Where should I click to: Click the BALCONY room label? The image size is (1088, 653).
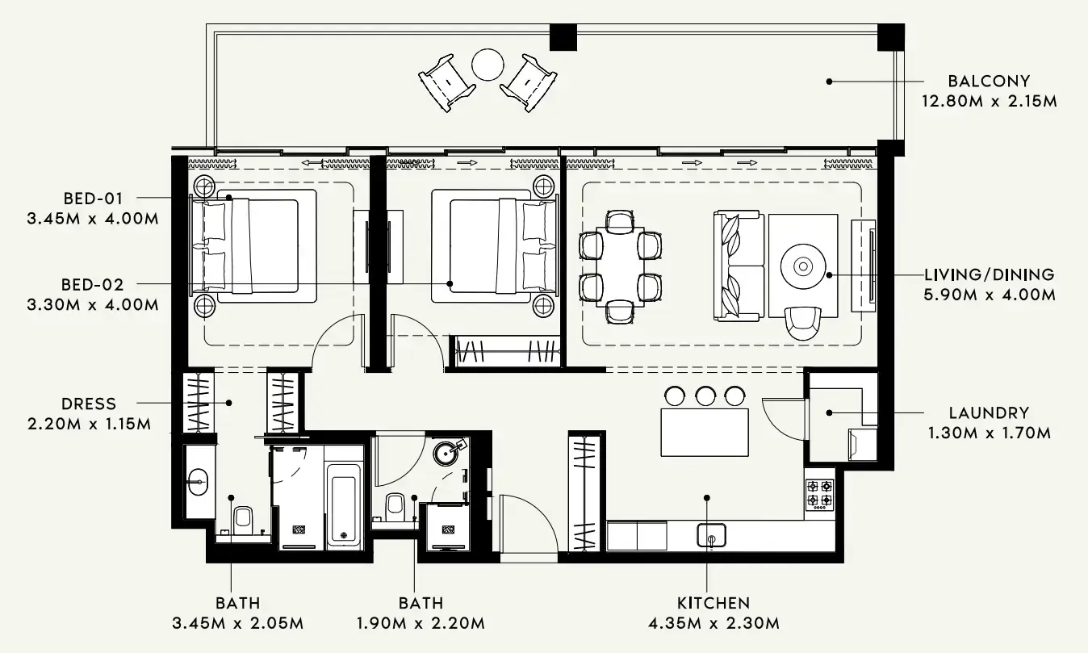989,81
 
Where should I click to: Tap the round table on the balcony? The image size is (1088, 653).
488,65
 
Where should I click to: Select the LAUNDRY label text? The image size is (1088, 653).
988,412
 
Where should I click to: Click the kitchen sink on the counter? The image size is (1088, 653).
711,534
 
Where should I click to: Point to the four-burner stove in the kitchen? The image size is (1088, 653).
820,494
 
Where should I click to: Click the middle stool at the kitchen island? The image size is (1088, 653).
705,396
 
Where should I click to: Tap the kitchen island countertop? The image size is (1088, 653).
705,433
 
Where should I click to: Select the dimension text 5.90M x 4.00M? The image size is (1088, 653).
989,295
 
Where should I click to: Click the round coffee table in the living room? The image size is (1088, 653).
803,266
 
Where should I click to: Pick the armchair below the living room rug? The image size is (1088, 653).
803,323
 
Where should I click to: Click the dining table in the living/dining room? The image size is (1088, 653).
621,266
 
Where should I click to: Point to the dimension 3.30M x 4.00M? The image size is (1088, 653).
92,304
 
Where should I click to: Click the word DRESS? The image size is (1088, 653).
89,404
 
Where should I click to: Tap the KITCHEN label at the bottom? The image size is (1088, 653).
713,603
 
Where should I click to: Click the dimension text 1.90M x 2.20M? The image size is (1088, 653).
420,623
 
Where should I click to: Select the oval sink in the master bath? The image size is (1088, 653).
199,483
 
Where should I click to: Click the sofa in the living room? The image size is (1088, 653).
738,266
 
